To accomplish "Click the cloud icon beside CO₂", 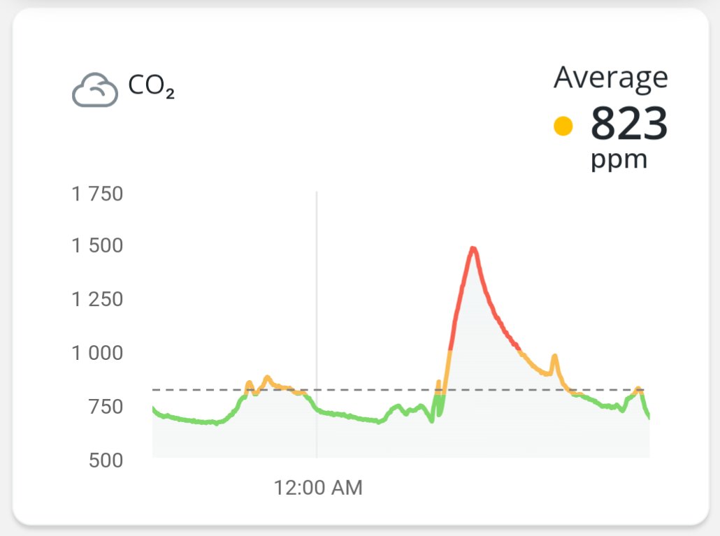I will (x=95, y=90).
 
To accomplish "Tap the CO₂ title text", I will (x=151, y=87).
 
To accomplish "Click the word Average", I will (x=610, y=77).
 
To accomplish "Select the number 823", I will (x=629, y=124).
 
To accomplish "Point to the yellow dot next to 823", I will (x=563, y=126).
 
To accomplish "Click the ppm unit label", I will (x=619, y=160).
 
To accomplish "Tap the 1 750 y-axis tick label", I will (x=97, y=194).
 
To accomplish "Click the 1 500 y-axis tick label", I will (x=97, y=246).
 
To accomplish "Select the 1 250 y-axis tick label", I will (x=97, y=299).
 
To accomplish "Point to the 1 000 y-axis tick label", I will (x=97, y=353).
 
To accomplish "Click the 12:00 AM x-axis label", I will (x=318, y=487).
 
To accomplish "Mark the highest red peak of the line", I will (x=473, y=249).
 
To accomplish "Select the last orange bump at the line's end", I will (x=638, y=389).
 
